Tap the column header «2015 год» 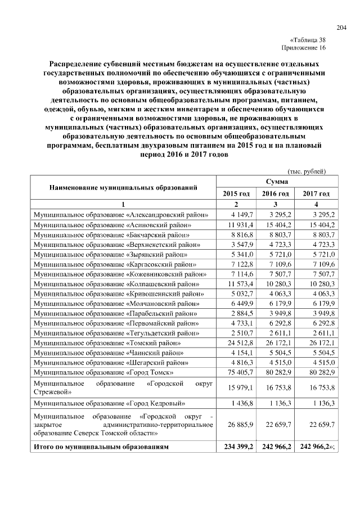point(236,193)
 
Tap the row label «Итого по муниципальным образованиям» point(101,447)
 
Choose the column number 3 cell point(276,204)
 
